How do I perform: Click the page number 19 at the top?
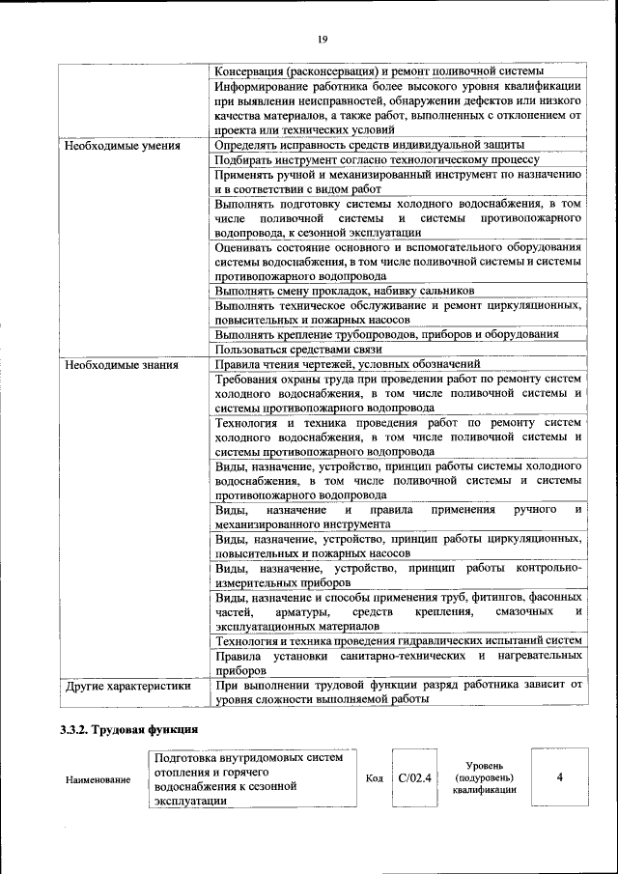322,39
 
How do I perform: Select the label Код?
375,778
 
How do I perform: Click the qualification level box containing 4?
559,777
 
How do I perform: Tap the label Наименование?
98,779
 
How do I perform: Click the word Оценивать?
246,245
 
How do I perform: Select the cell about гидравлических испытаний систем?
398,641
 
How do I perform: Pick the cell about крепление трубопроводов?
386,334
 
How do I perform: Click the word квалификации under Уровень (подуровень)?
484,791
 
